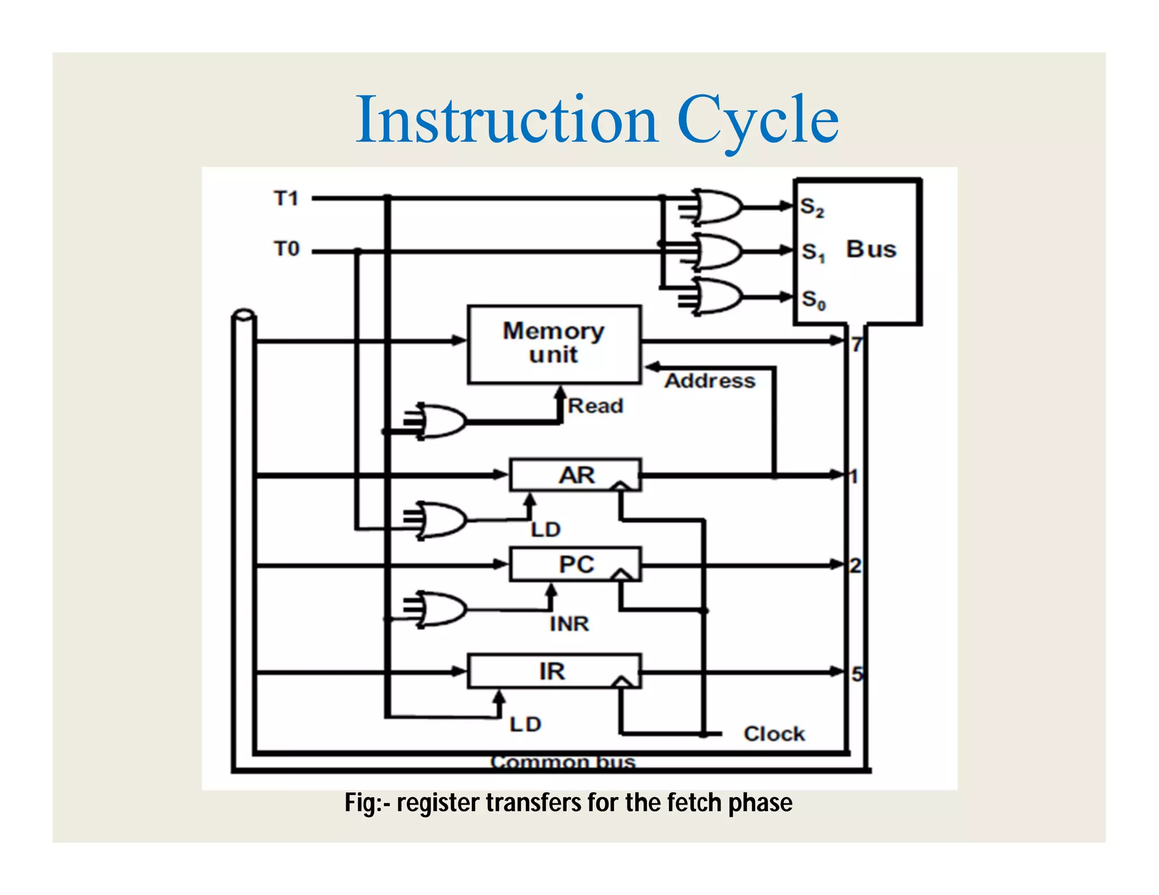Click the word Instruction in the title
(506, 120)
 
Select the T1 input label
(286, 199)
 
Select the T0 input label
(286, 249)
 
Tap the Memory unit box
(554, 344)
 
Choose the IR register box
(553, 672)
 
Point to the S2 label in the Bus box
(812, 208)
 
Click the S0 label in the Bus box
(813, 299)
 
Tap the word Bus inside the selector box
(871, 249)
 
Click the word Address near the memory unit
(710, 381)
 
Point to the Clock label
(774, 734)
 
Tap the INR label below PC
(569, 624)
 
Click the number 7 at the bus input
(857, 345)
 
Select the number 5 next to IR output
(857, 674)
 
